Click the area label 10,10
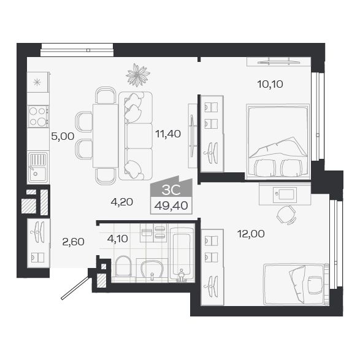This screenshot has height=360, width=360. tap(270, 85)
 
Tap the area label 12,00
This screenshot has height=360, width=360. tap(251, 234)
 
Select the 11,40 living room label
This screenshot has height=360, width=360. tap(167, 133)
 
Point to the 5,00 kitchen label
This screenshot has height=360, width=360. tap(62, 136)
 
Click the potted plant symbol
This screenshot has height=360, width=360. tap(137, 75)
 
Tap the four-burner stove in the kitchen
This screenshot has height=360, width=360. tap(38, 116)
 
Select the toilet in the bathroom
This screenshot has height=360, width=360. tap(123, 267)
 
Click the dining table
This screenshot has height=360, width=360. tap(105, 136)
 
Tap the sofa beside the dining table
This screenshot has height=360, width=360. tap(135, 136)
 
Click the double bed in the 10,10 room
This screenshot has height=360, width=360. tap(277, 141)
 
